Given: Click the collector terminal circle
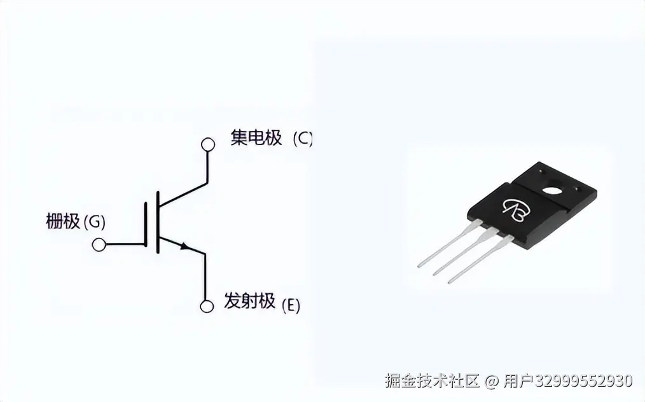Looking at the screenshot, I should click(x=207, y=144).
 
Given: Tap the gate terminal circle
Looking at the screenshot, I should click(x=99, y=244).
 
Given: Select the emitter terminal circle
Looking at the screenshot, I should click(x=206, y=307).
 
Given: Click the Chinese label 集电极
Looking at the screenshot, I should click(x=256, y=138).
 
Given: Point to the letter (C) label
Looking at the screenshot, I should click(x=303, y=139).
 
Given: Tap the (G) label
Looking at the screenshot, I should click(x=94, y=223).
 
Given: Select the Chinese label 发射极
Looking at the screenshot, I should click(x=249, y=301).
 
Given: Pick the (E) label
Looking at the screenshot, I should click(x=290, y=305).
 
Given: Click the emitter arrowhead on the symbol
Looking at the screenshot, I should click(x=185, y=246).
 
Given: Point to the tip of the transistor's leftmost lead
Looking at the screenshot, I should click(x=420, y=265).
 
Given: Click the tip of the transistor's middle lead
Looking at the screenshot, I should click(x=435, y=274).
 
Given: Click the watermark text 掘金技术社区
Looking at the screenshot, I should click(x=431, y=381).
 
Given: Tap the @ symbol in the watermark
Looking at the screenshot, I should click(x=491, y=382).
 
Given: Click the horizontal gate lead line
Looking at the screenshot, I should click(x=125, y=244).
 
